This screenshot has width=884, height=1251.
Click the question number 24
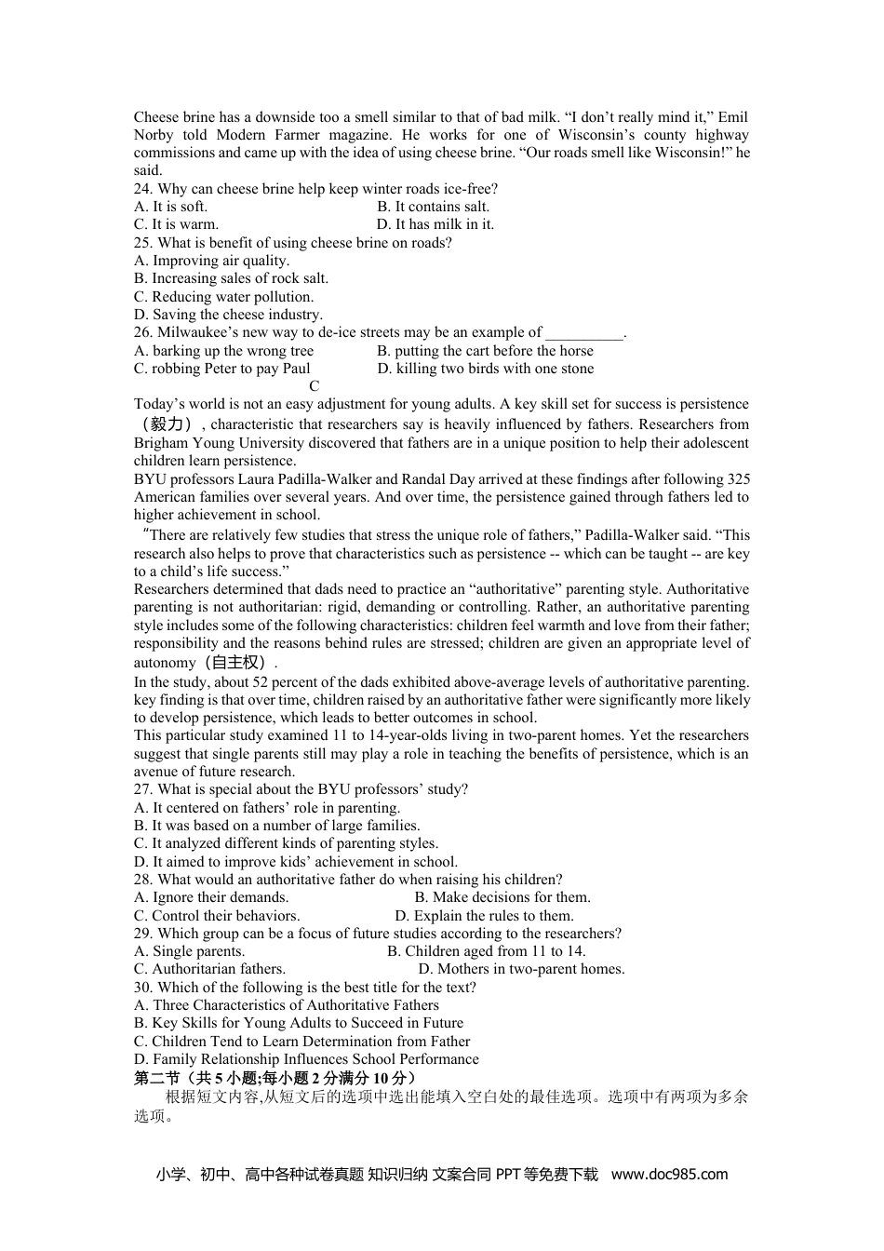pyautogui.click(x=144, y=189)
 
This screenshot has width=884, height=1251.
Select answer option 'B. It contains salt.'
pyautogui.click(x=433, y=207)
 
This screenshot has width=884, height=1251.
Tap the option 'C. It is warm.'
pyautogui.click(x=176, y=224)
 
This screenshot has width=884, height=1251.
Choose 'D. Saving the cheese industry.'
pyautogui.click(x=228, y=315)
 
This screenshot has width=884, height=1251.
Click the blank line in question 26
pyautogui.click(x=583, y=333)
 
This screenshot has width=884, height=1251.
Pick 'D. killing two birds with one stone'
pyautogui.click(x=485, y=369)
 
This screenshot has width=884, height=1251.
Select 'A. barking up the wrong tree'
pyautogui.click(x=223, y=351)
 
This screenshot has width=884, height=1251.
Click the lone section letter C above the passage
pyautogui.click(x=315, y=386)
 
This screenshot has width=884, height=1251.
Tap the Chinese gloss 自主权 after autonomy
pyautogui.click(x=237, y=663)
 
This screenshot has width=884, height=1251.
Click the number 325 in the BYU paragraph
pyautogui.click(x=738, y=479)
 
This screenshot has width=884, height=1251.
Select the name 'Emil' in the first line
pyautogui.click(x=733, y=117)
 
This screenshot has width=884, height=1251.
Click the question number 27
pyautogui.click(x=144, y=789)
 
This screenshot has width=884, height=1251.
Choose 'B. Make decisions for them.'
pyautogui.click(x=502, y=897)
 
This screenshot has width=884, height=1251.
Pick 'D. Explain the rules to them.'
pyautogui.click(x=484, y=916)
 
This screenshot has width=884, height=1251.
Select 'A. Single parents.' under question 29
pyautogui.click(x=189, y=951)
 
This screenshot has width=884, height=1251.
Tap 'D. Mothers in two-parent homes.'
pyautogui.click(x=521, y=969)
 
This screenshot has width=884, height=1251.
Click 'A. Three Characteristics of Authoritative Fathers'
pyautogui.click(x=286, y=1005)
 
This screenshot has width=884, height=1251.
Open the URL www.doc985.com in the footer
pyautogui.click(x=669, y=1175)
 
